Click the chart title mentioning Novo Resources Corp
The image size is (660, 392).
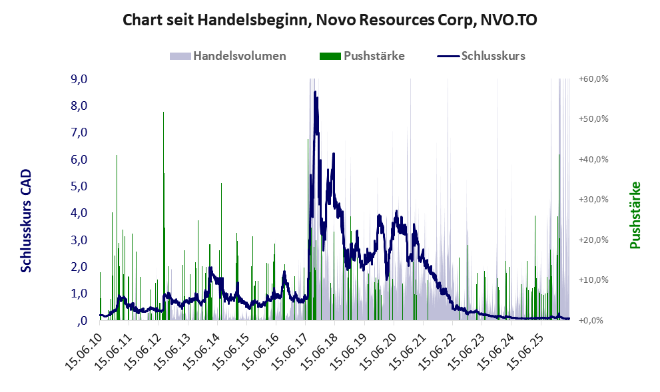click(330, 20)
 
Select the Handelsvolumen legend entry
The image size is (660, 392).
click(228, 56)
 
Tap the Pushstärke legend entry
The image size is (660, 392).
click(362, 56)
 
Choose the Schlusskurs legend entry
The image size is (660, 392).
click(481, 56)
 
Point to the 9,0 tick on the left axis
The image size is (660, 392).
click(79, 79)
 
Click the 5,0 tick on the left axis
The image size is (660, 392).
click(79, 186)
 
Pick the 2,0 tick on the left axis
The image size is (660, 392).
click(79, 267)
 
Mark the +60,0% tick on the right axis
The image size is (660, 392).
click(593, 79)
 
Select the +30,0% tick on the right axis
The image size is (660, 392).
click(593, 200)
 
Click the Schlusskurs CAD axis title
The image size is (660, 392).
click(26, 220)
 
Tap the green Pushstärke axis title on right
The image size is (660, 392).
click(635, 216)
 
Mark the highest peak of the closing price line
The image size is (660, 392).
click(315, 92)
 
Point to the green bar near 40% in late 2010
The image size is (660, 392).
click(117, 238)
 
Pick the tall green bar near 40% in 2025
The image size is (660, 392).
click(559, 237)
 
